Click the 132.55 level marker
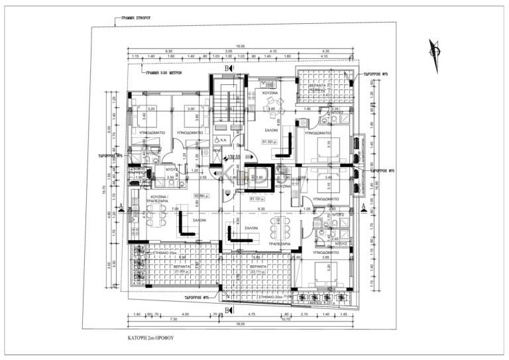[x=233, y=157]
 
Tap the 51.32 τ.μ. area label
[x=269, y=141]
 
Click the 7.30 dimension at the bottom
[x=154, y=319]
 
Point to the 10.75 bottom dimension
[x=286, y=319]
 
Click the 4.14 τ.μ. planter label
[x=137, y=283]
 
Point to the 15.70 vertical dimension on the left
[x=104, y=190]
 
